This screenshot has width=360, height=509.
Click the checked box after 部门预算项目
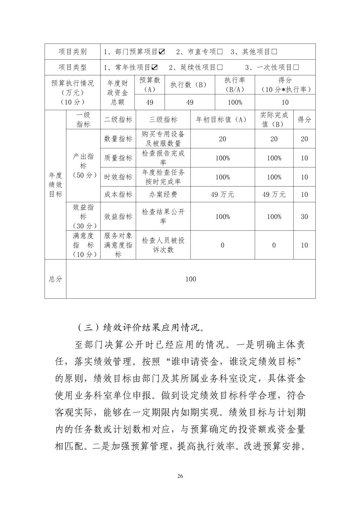pyautogui.click(x=162, y=52)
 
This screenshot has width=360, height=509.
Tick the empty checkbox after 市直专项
pyautogui.click(x=220, y=52)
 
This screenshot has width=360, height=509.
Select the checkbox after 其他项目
pyautogui.click(x=274, y=52)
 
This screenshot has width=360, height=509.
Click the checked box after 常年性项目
pyautogui.click(x=155, y=68)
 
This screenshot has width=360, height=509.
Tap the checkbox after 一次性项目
pyautogui.click(x=296, y=68)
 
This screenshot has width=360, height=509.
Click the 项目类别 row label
pyautogui.click(x=72, y=52)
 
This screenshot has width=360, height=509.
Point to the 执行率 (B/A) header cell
pyautogui.click(x=235, y=85)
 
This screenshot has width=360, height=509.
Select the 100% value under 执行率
pyautogui.click(x=235, y=102)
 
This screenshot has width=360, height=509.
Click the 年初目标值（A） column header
pyautogui.click(x=223, y=120)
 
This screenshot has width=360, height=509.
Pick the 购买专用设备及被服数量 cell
pyautogui.click(x=163, y=139)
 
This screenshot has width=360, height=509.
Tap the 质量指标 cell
pyautogui.click(x=118, y=158)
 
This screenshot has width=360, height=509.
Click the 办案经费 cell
pyautogui.click(x=163, y=195)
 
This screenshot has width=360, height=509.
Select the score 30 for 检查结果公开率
pyautogui.click(x=304, y=217)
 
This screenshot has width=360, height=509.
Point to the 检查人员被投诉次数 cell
pyautogui.click(x=163, y=245)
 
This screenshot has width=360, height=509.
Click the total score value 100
pyautogui.click(x=191, y=279)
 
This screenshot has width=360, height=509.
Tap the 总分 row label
pyautogui.click(x=56, y=279)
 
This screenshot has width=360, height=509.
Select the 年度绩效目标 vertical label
pyautogui.click(x=56, y=185)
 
